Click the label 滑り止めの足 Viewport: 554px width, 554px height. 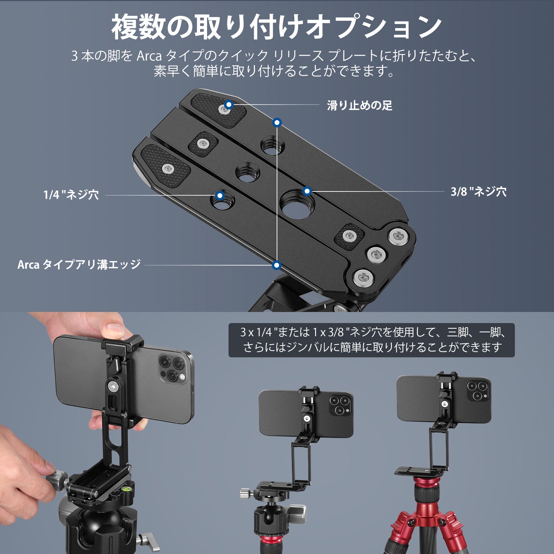(359, 105)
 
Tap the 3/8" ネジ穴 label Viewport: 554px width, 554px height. (479, 191)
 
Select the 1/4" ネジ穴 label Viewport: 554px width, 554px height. (71, 195)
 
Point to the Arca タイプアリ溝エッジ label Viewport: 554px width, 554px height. (79, 265)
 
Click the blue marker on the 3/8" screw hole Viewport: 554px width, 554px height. (307, 191)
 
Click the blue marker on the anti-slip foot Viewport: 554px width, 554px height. (229, 104)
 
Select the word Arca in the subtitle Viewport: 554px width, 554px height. (149, 56)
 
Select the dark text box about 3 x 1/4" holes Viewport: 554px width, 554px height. (371, 340)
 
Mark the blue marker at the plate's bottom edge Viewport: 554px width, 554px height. (276, 265)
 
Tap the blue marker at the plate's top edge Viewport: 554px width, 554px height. (277, 122)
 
